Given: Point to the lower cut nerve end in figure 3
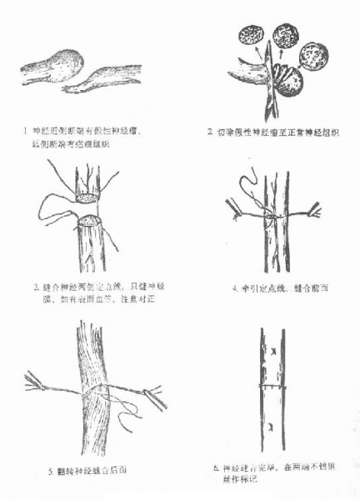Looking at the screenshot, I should click(x=90, y=222).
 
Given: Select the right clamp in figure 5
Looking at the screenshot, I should click(x=155, y=397).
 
